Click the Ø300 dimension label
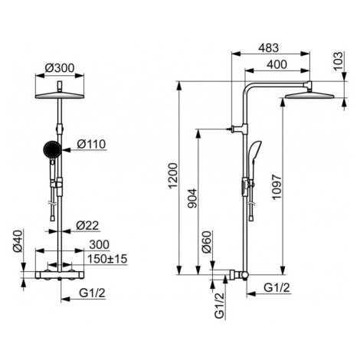point(60,68)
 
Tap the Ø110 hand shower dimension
point(91,144)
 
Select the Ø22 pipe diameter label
point(87,225)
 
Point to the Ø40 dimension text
point(18,241)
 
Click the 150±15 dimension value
point(107,259)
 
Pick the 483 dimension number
point(269,48)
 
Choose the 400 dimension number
point(277,64)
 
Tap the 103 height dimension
point(338,61)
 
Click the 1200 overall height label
point(173,175)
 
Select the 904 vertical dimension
point(192,198)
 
